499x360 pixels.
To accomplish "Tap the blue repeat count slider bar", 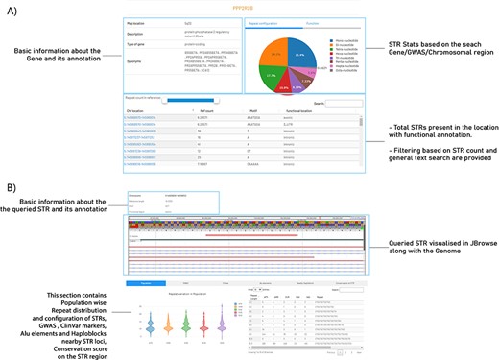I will click(x=192, y=99).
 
